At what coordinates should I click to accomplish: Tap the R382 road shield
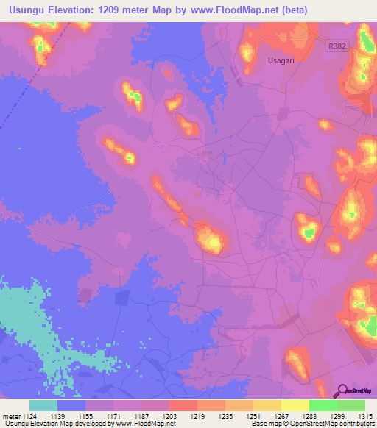[x=337, y=46]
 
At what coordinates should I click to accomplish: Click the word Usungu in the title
[x=26, y=10]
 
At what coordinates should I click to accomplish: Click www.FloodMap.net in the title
[x=234, y=10]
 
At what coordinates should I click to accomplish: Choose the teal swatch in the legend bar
[x=43, y=405]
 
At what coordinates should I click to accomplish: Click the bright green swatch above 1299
[x=323, y=405]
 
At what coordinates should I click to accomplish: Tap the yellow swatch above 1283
[x=295, y=405]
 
